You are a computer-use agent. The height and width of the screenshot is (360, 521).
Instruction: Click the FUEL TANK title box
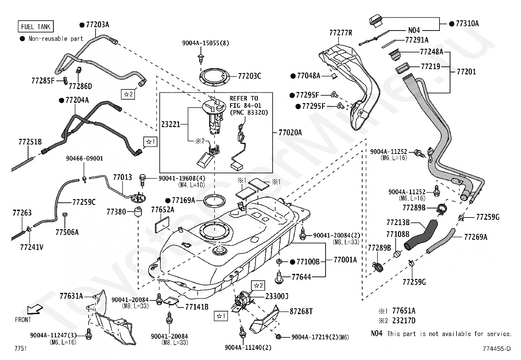pos(36,27)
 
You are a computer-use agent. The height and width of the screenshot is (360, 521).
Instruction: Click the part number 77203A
pos(97,25)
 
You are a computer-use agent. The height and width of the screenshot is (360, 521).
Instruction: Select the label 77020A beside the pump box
pos(290,133)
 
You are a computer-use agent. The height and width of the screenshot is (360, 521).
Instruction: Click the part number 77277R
pos(340,33)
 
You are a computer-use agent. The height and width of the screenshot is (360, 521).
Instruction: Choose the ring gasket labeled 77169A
pos(214,200)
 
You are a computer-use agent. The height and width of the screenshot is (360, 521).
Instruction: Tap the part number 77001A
pos(345,260)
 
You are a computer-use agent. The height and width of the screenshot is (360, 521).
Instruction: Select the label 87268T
pos(301,311)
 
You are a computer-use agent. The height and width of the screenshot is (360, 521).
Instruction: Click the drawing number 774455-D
pos(496,349)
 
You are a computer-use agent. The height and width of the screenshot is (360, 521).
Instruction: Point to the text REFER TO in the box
pos(243,98)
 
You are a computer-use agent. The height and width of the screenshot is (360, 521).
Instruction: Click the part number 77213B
pos(398,222)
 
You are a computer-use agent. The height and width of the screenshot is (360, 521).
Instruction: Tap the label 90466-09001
pos(84,159)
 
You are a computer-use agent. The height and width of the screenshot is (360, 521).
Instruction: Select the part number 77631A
pos(71,296)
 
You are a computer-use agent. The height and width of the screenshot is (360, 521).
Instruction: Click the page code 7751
pos(20,349)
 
